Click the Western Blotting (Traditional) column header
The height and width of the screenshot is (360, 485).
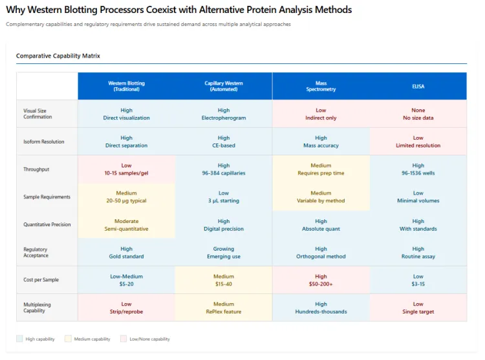[126, 86]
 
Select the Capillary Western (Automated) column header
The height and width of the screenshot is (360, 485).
[224, 86]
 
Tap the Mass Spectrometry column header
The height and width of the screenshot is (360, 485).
[321, 86]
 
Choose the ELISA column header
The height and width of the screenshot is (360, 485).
[418, 86]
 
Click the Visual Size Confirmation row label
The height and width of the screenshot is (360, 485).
[38, 114]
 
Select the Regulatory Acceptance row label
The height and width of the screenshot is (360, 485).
[36, 252]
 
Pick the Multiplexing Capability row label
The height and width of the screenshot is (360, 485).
[38, 308]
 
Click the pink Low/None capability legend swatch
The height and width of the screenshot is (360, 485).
[124, 339]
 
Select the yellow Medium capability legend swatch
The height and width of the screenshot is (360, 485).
[69, 339]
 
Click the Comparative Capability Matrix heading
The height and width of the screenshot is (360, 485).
[58, 56]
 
